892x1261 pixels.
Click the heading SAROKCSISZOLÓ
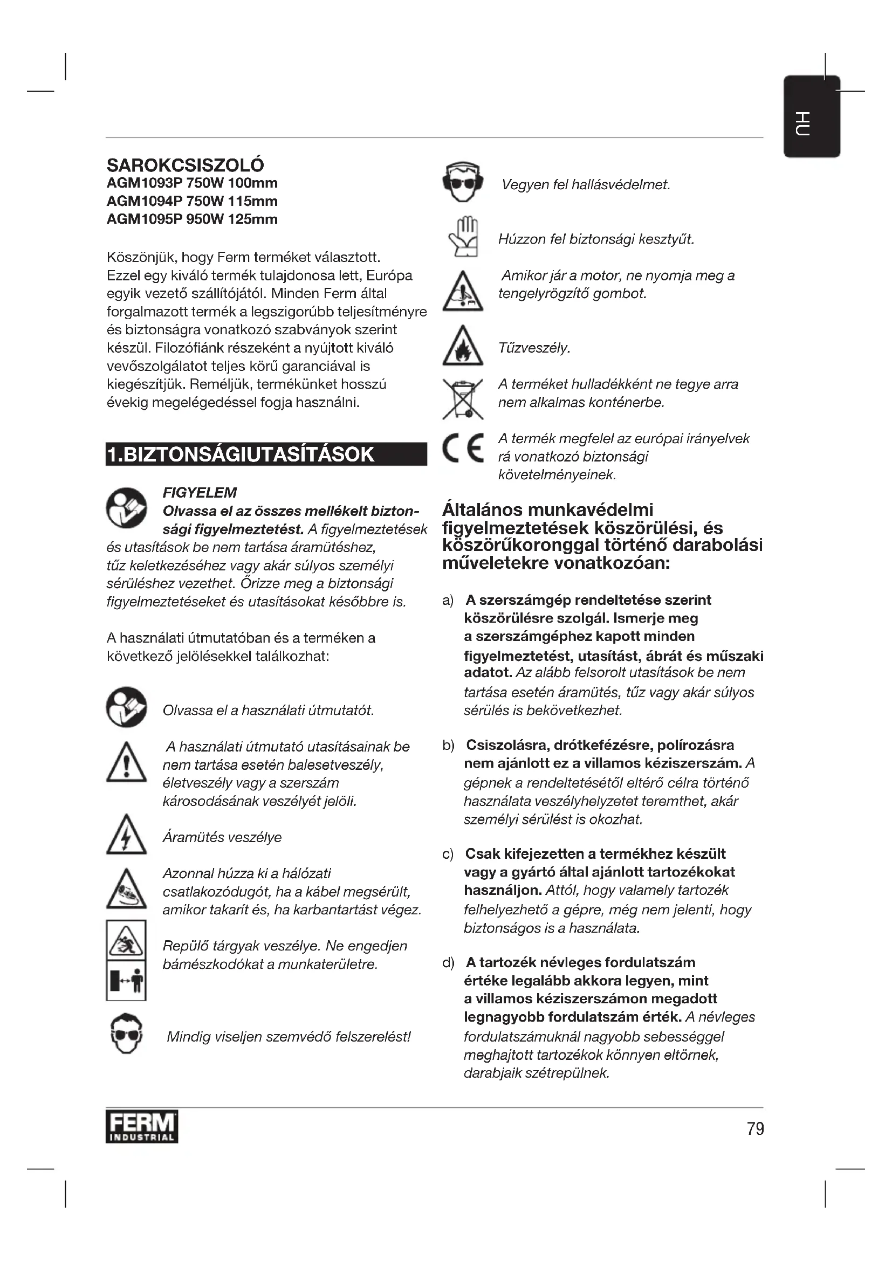pyautogui.click(x=185, y=165)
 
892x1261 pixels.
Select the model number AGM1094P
pyautogui.click(x=143, y=201)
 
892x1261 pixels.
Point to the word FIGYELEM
pyautogui.click(x=200, y=493)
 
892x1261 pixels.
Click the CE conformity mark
pyautogui.click(x=463, y=447)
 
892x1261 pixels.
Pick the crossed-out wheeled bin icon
pyautogui.click(x=463, y=399)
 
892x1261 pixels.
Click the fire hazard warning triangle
pyautogui.click(x=463, y=346)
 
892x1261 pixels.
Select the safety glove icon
pyautogui.click(x=464, y=237)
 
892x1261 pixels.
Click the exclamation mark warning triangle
pyautogui.click(x=126, y=762)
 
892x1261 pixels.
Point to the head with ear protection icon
pyautogui.click(x=463, y=182)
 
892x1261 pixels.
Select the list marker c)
pyautogui.click(x=448, y=854)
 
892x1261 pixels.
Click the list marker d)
pyautogui.click(x=448, y=963)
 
